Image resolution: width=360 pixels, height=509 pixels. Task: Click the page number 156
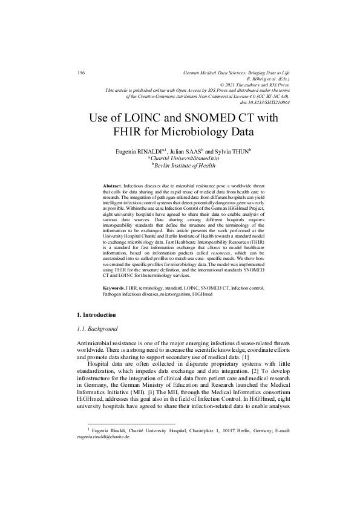tap(81, 73)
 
